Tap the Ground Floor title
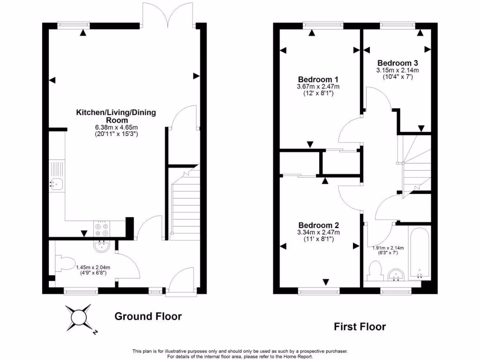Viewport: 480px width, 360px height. pos(148,316)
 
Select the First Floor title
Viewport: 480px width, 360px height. pos(360,326)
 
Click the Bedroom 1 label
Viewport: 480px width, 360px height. pos(318,79)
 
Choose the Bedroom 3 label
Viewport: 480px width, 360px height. pos(397,63)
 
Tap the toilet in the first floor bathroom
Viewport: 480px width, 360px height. pos(375,270)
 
